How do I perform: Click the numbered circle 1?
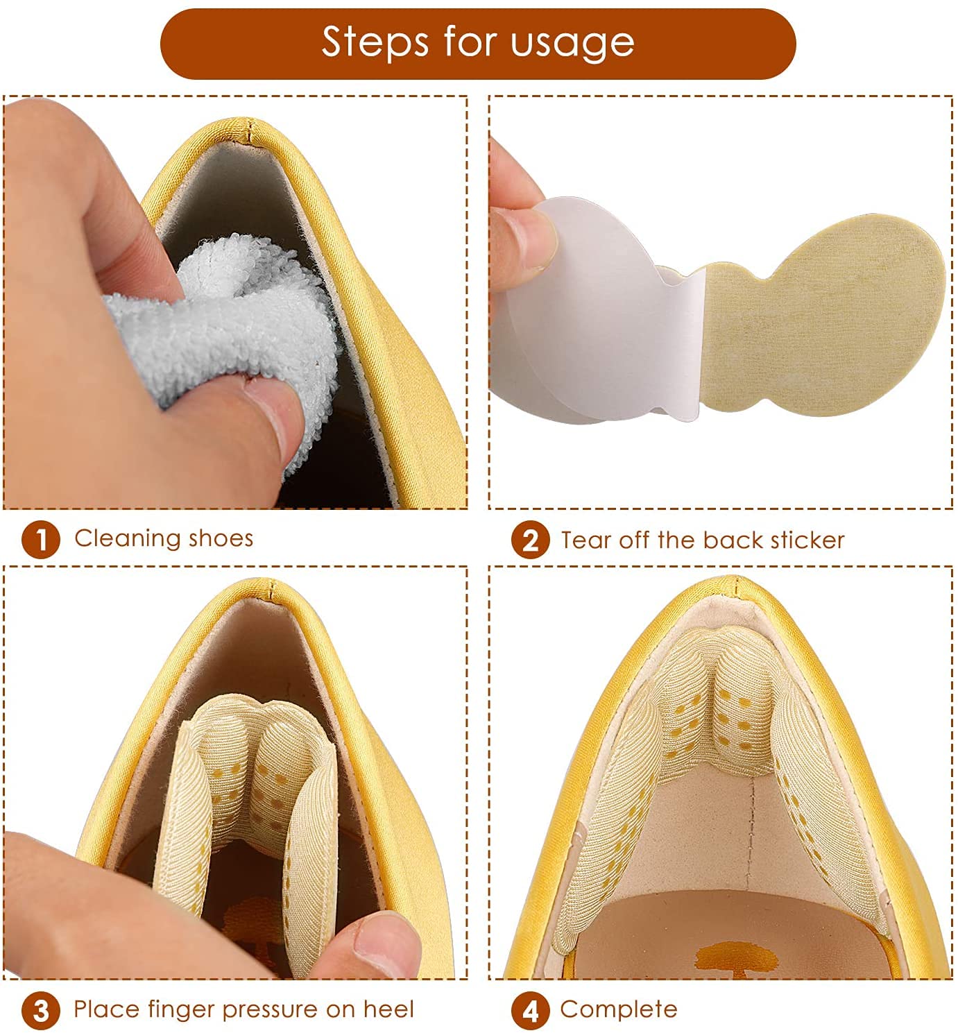point(41,540)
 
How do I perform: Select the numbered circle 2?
point(530,540)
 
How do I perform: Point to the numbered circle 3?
point(41,1011)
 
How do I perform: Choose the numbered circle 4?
point(530,1011)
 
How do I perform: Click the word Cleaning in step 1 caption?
point(128,539)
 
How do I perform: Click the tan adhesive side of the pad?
point(822,317)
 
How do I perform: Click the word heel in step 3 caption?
point(388,1009)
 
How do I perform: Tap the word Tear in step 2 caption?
point(586,540)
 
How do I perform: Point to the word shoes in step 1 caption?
point(221,539)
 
